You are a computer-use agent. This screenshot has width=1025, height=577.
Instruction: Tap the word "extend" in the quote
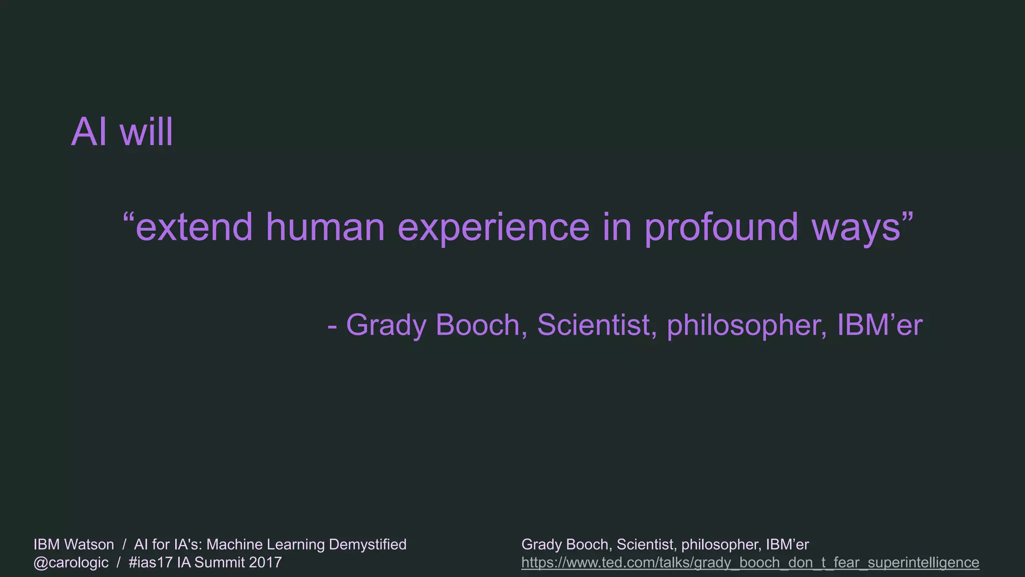click(194, 227)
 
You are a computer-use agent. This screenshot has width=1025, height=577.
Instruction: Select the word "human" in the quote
click(325, 227)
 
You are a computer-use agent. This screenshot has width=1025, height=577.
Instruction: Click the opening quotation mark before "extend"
click(129, 218)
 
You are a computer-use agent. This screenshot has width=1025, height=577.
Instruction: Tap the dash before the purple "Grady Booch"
click(332, 326)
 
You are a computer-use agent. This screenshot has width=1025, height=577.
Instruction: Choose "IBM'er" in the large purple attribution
click(879, 325)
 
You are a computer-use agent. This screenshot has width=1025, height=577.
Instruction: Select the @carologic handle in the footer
click(71, 563)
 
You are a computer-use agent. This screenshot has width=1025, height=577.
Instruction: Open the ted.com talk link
click(750, 563)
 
